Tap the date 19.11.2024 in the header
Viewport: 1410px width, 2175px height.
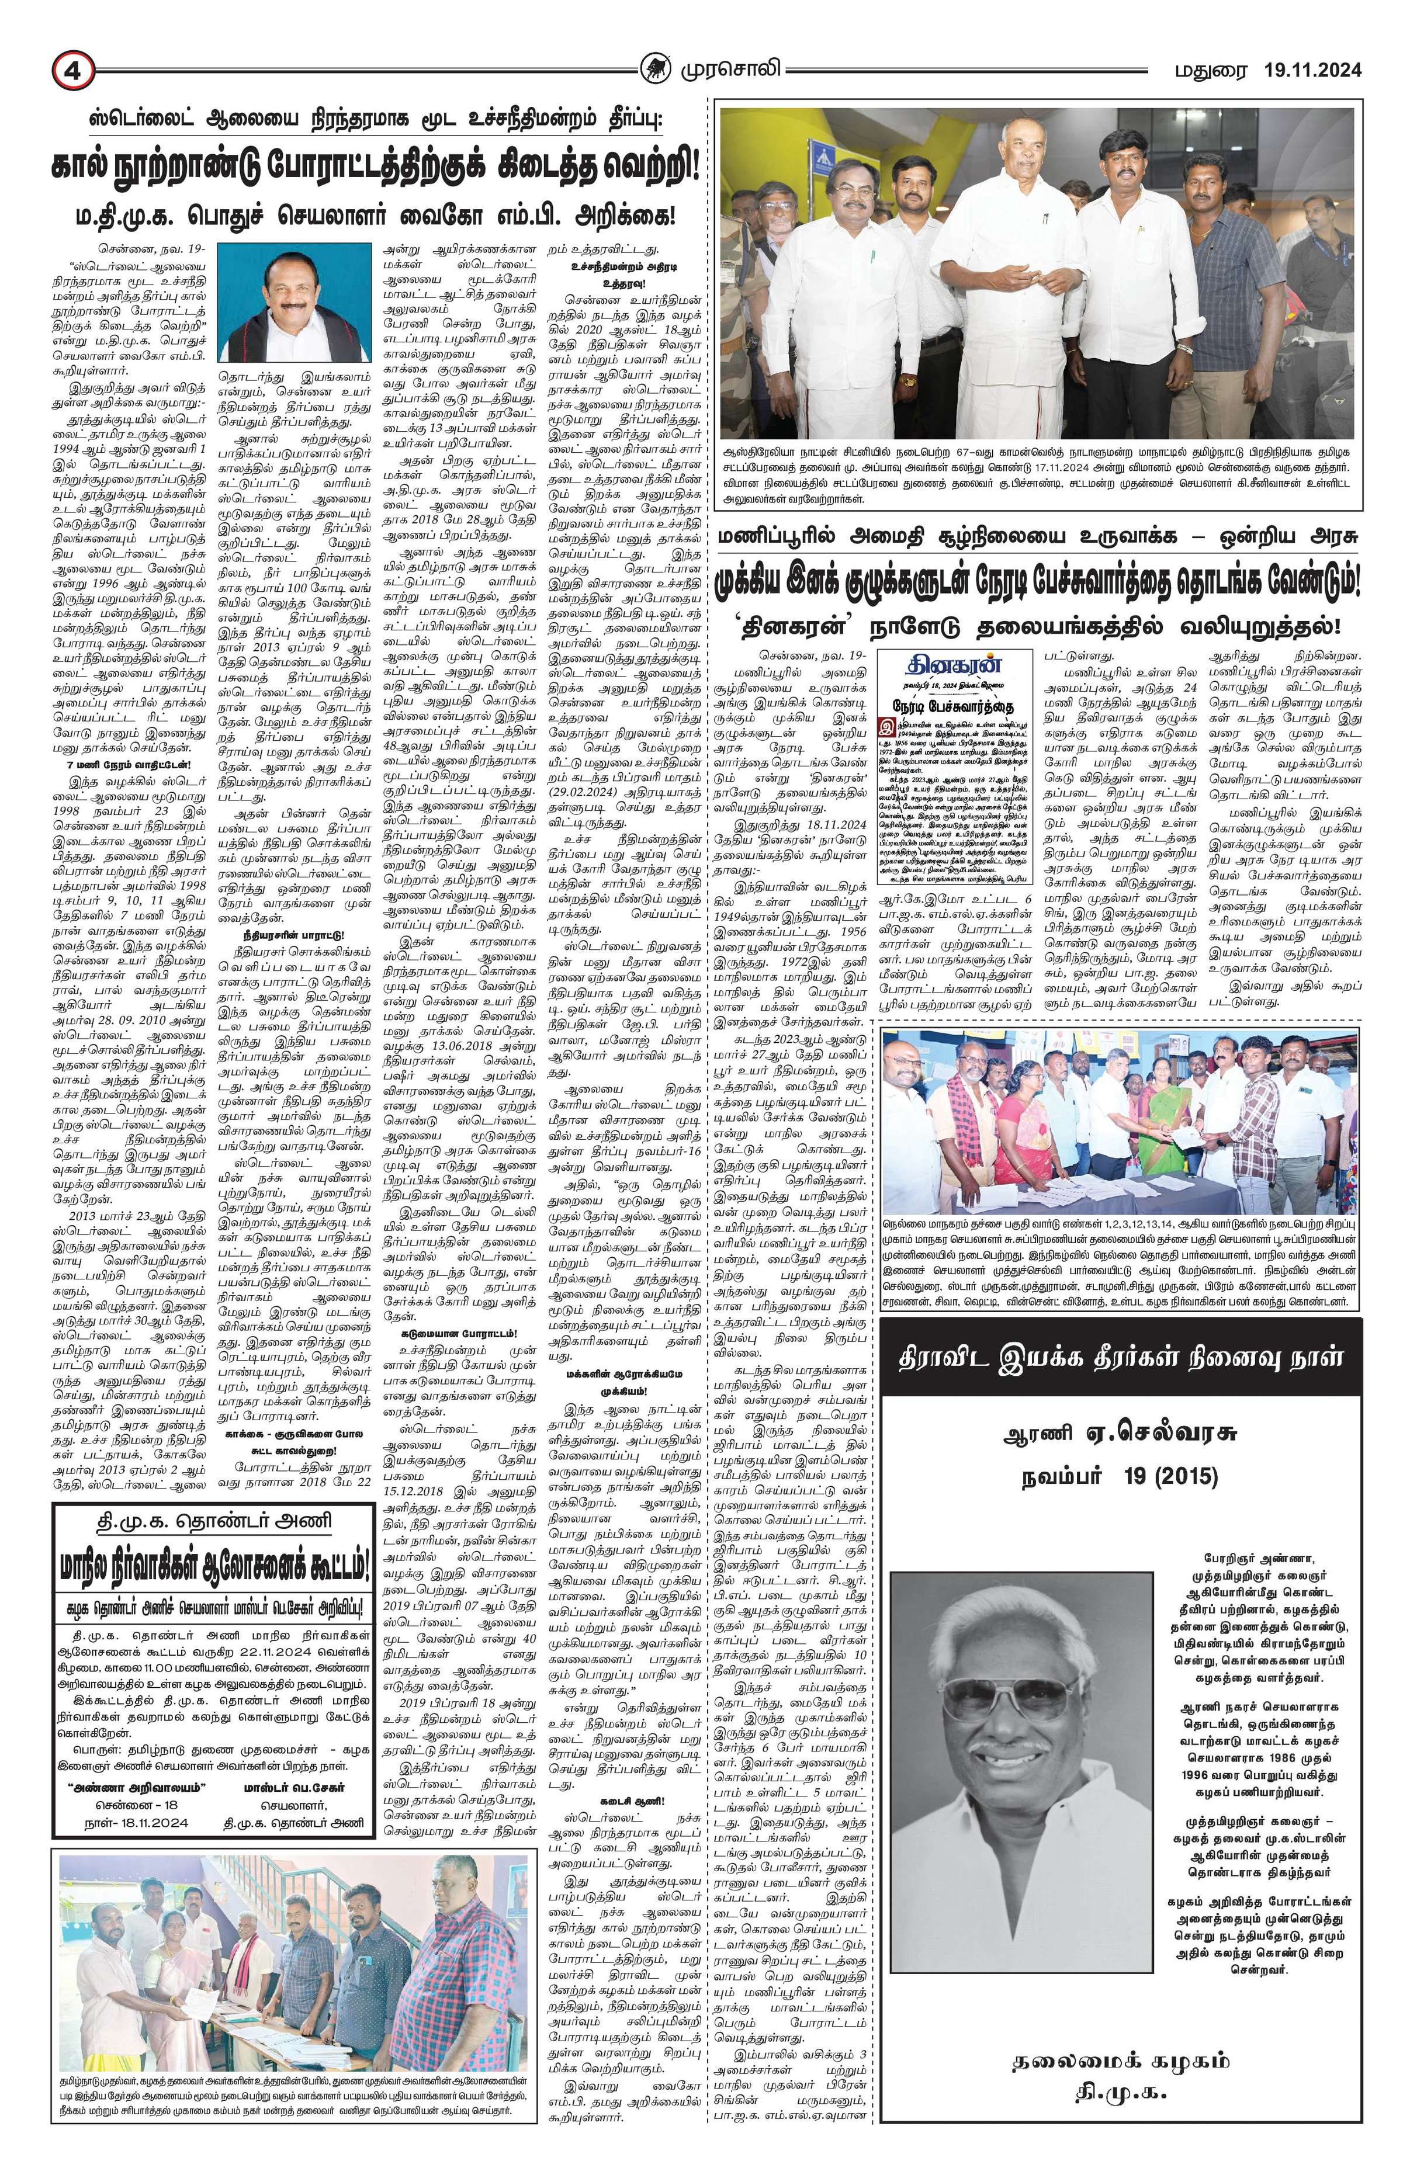point(1312,70)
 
